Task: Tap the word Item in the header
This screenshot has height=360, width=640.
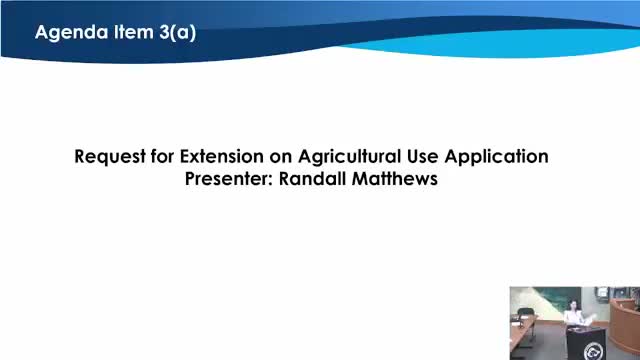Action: [x=130, y=32]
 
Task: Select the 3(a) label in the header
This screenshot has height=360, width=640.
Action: [x=176, y=32]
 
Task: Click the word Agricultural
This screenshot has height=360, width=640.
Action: [x=352, y=157]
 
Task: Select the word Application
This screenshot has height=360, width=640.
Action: [x=499, y=157]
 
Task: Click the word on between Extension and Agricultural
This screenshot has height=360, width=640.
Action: [x=282, y=157]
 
